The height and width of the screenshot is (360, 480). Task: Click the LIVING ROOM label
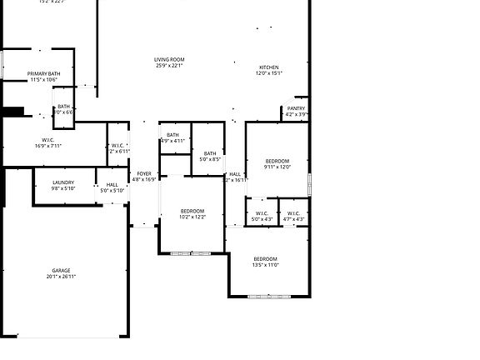(x=169, y=59)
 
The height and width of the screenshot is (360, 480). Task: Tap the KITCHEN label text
(x=268, y=67)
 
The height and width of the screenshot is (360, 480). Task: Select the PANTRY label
(x=296, y=108)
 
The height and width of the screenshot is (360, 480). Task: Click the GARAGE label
(x=62, y=270)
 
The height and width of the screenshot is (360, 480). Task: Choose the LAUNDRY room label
(x=63, y=182)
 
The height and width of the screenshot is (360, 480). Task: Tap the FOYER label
(x=144, y=173)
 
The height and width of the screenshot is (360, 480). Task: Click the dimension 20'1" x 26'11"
(x=62, y=277)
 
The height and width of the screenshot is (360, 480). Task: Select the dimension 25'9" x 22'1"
(x=169, y=67)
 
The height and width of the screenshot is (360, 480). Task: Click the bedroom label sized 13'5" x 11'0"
(x=266, y=258)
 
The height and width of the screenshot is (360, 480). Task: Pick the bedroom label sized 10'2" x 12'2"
(x=192, y=211)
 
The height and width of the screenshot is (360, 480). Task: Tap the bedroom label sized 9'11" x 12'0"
(x=277, y=160)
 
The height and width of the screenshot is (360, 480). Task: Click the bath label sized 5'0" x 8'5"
(x=210, y=153)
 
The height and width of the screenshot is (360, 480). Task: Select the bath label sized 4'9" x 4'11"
(x=172, y=135)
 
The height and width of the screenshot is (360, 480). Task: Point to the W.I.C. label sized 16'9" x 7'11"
(x=48, y=140)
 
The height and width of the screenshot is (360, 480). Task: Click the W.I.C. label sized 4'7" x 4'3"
(x=294, y=213)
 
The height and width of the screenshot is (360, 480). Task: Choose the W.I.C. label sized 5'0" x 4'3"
(x=262, y=213)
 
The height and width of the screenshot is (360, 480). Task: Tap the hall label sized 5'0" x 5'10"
(x=112, y=184)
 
